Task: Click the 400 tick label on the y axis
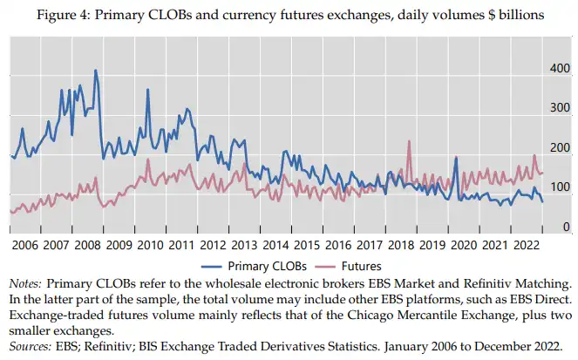click(557, 68)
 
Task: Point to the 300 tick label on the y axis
click(557, 108)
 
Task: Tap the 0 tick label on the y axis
click(565, 228)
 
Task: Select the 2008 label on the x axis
click(86, 245)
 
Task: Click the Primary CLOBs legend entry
click(267, 265)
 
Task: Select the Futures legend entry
click(361, 265)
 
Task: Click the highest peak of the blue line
click(95, 71)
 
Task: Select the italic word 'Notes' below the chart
click(24, 283)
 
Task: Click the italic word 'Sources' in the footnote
click(31, 344)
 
